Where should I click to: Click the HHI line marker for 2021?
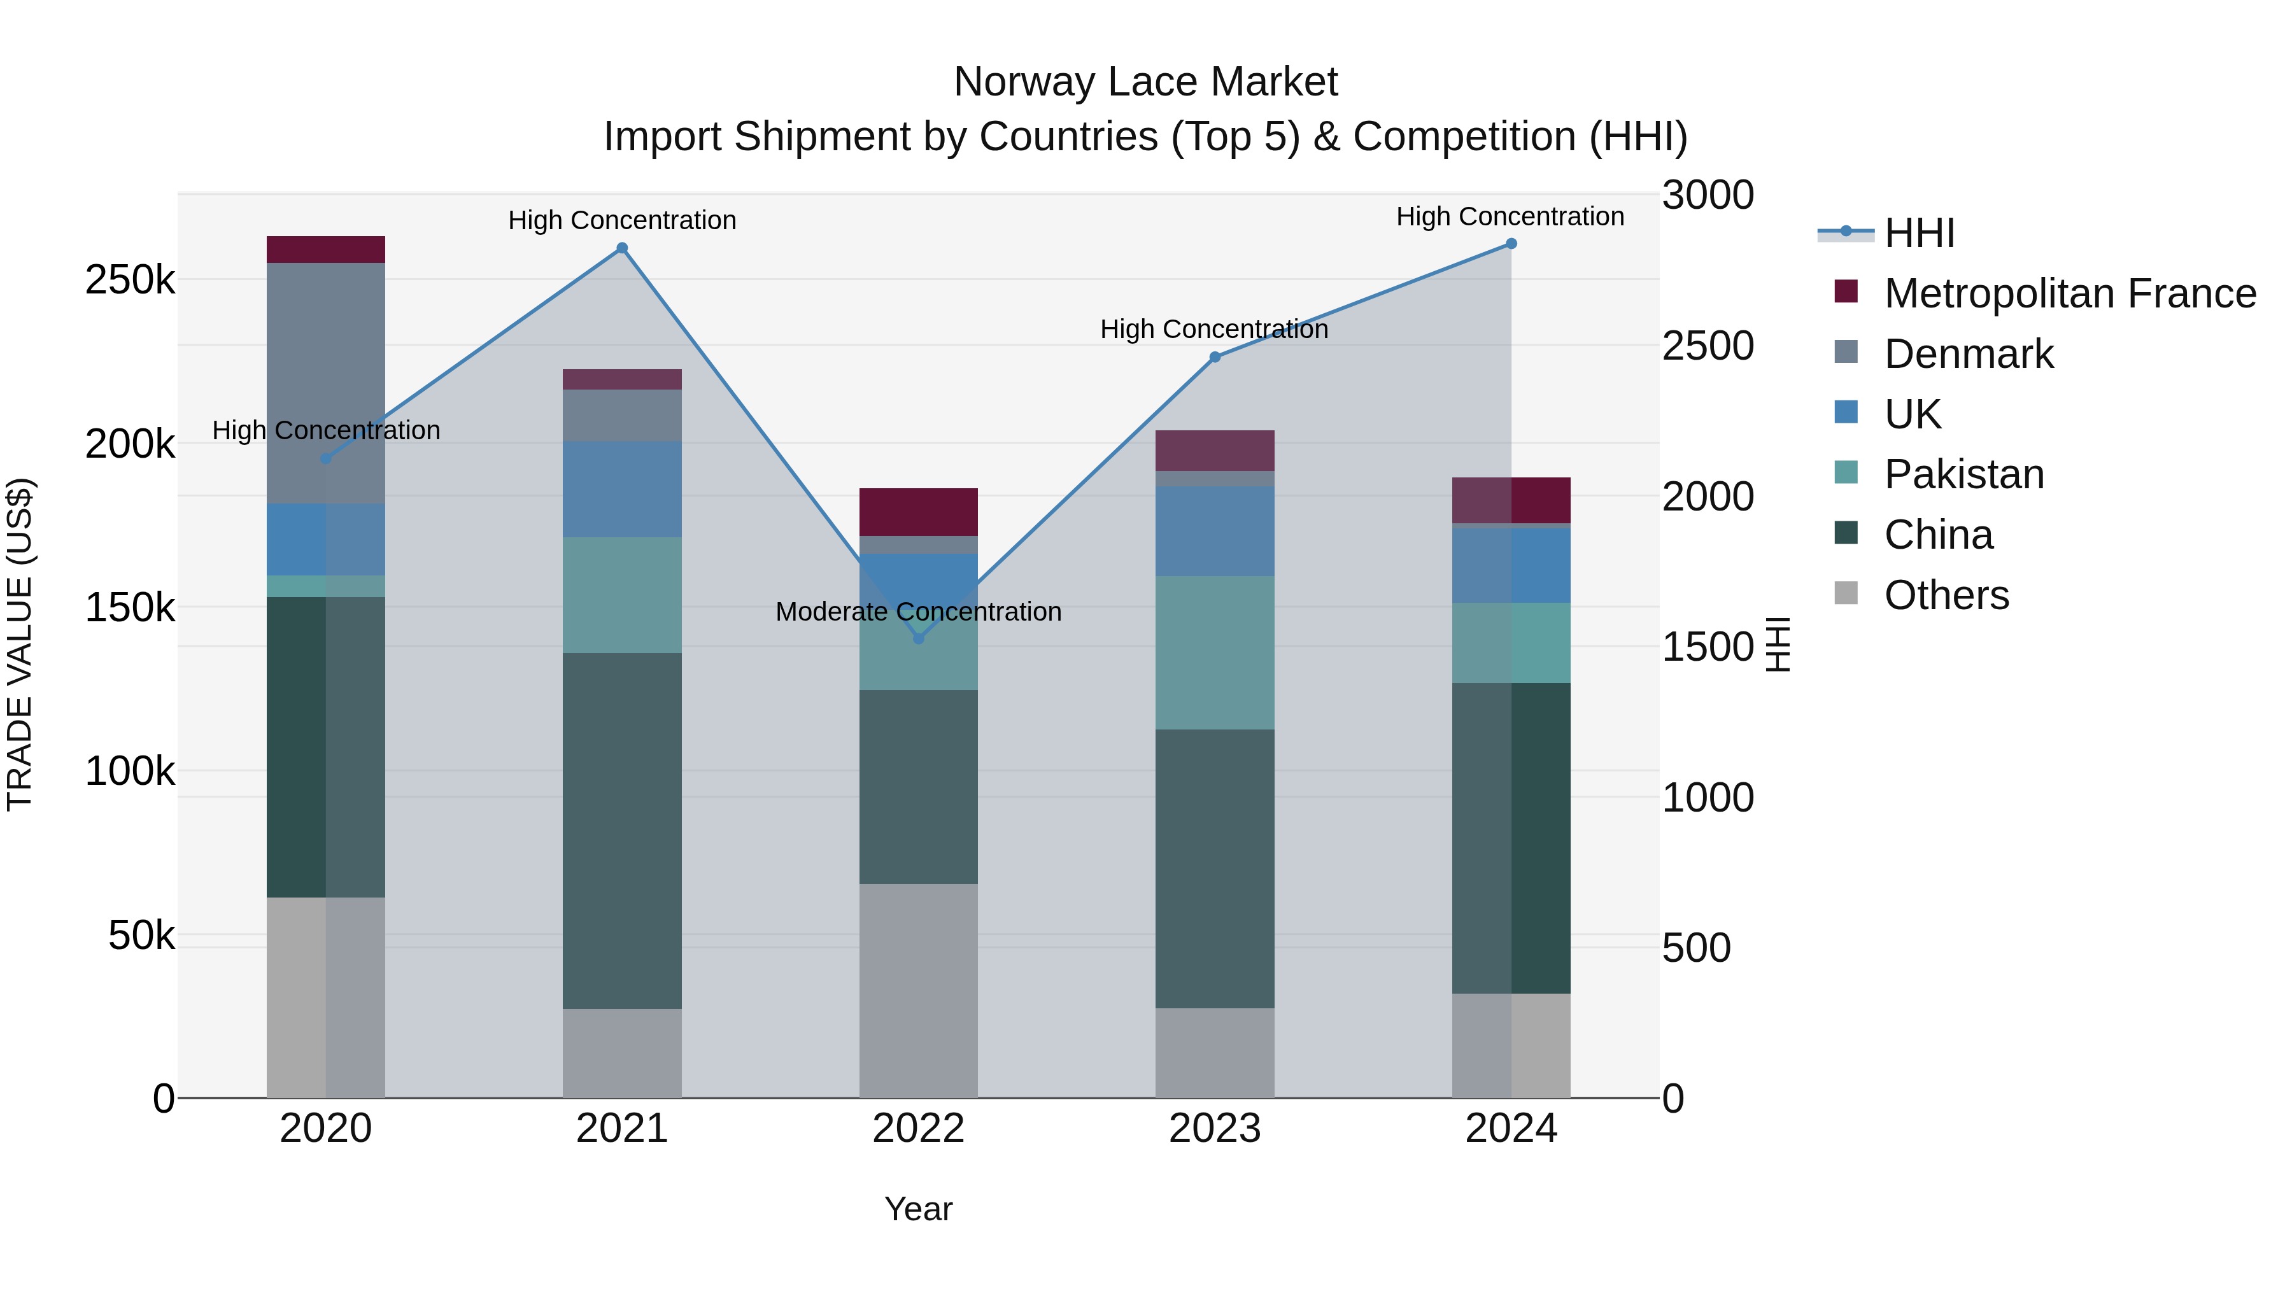[x=622, y=248]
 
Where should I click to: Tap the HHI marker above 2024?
[x=1511, y=244]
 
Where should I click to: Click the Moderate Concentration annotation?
[x=918, y=612]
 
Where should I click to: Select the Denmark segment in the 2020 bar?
[x=325, y=383]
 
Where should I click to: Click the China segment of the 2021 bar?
[x=622, y=830]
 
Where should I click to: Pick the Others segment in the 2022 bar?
[x=918, y=990]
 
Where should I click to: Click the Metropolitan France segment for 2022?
[x=918, y=512]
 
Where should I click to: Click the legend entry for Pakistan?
[x=1963, y=474]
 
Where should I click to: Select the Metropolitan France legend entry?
[x=2070, y=293]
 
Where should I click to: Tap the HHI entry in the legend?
[x=1919, y=233]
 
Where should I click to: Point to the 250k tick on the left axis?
[x=130, y=280]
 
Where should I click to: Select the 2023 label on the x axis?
[x=1215, y=1129]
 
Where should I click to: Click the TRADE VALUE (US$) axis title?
[x=20, y=644]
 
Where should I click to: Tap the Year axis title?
[x=918, y=1209]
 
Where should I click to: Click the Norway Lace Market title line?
[x=1145, y=82]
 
